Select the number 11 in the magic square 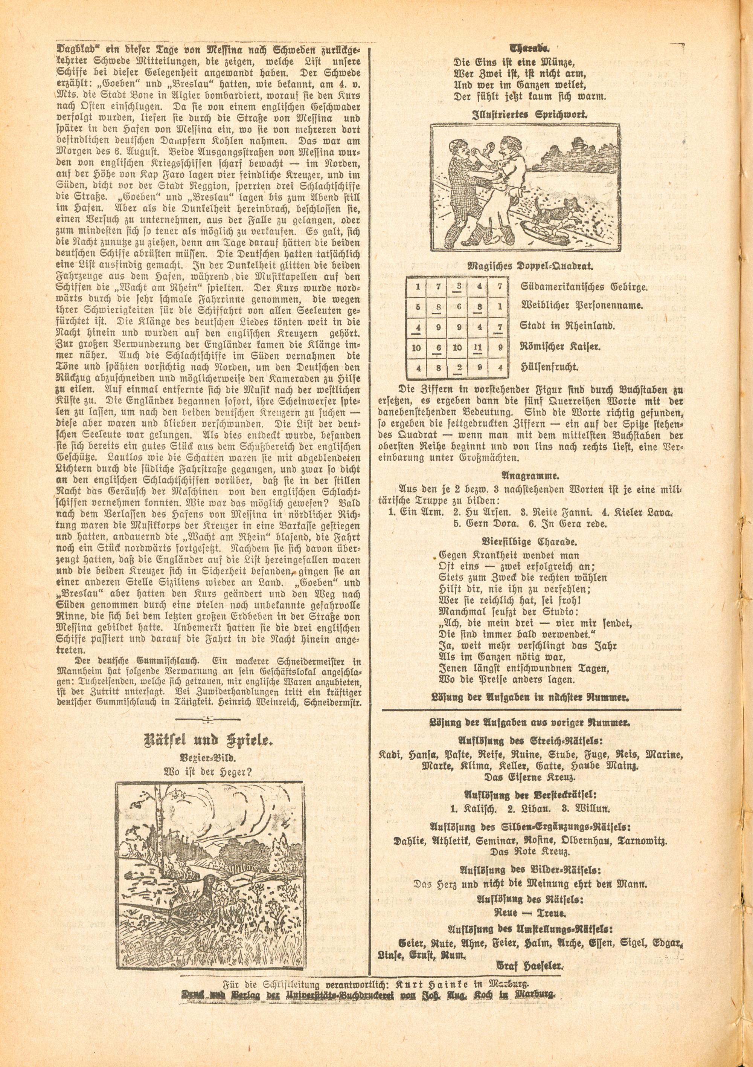(479, 347)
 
